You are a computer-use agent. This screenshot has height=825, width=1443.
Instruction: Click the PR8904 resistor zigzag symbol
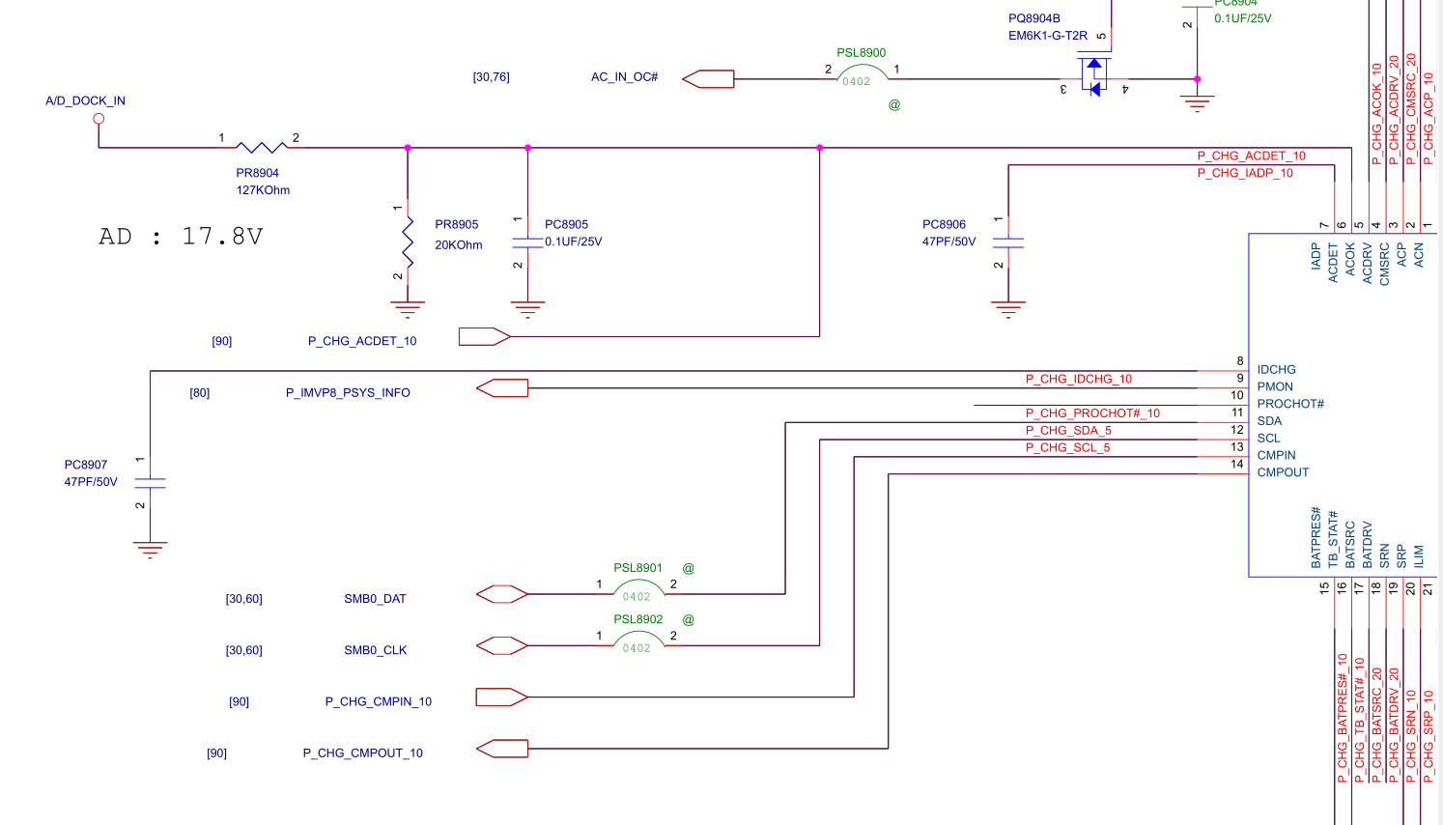click(x=262, y=147)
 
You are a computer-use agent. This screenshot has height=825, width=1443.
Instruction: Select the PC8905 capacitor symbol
click(x=527, y=242)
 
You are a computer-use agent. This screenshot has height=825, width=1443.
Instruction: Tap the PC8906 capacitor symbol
click(x=1007, y=242)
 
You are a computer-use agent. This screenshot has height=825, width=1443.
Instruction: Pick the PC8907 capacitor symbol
click(x=150, y=482)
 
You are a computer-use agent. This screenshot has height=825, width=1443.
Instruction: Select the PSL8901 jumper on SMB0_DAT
click(x=637, y=588)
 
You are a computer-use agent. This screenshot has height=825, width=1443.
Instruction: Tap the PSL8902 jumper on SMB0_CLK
click(x=637, y=640)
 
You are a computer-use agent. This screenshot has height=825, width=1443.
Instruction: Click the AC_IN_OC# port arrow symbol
click(x=708, y=79)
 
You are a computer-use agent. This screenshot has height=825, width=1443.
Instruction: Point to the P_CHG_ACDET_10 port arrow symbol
click(x=484, y=336)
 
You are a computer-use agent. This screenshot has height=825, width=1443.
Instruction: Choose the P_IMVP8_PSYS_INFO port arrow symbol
click(x=502, y=388)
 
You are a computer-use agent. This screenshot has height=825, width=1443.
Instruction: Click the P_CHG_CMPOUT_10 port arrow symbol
click(x=502, y=748)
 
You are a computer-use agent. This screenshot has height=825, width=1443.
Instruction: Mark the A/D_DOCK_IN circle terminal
click(x=99, y=119)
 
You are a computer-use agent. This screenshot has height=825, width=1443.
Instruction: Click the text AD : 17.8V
click(x=181, y=237)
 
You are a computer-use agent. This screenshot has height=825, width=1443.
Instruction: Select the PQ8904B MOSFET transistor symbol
click(x=1093, y=77)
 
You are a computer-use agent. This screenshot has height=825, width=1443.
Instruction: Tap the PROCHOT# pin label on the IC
click(x=1290, y=404)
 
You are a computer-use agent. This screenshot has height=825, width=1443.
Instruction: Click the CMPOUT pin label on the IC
click(x=1283, y=472)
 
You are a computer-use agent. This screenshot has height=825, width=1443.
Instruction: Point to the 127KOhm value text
click(x=263, y=190)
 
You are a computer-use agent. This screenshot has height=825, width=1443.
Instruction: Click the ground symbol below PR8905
click(x=408, y=310)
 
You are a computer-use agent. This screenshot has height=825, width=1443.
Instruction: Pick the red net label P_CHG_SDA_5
click(x=1068, y=431)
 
